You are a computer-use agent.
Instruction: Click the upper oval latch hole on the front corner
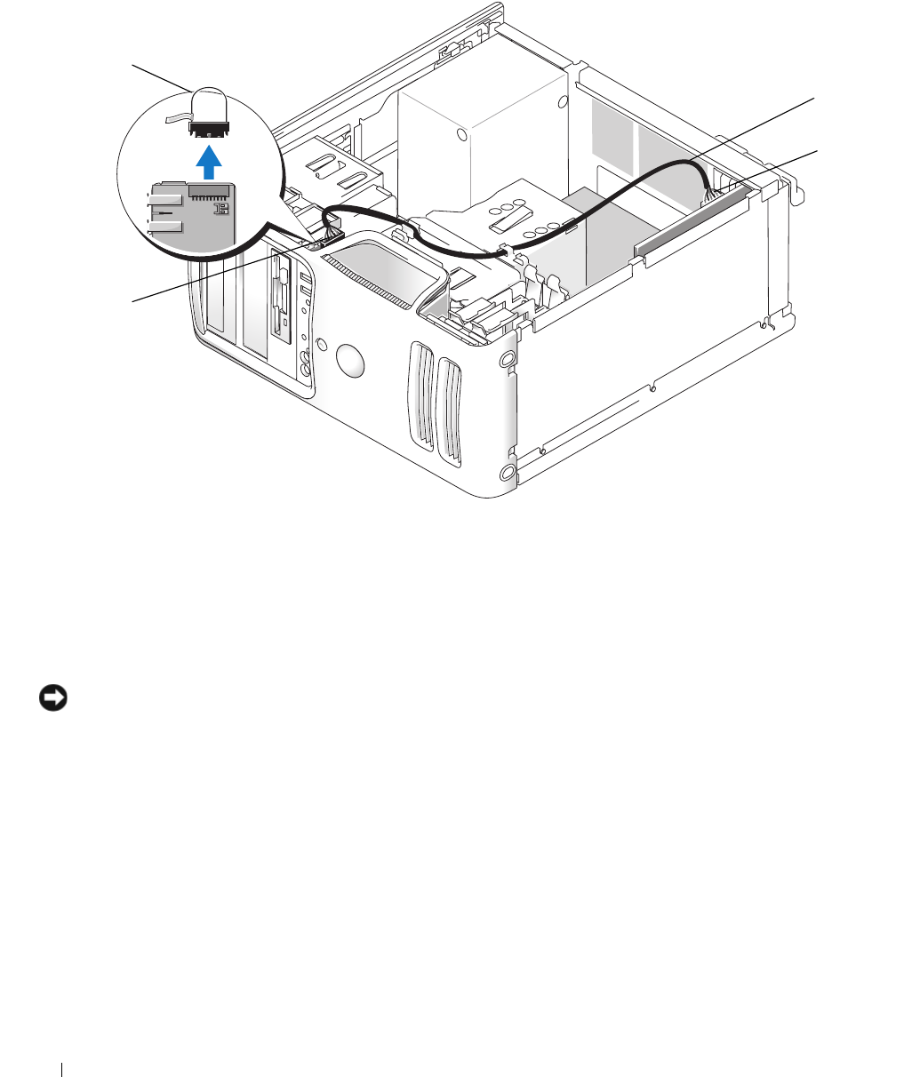(508, 361)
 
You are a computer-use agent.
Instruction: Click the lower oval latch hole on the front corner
(508, 470)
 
